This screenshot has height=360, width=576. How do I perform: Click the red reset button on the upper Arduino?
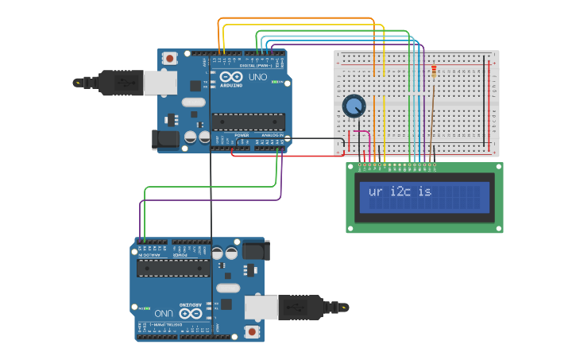click(169, 59)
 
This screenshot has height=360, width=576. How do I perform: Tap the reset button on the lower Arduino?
click(253, 331)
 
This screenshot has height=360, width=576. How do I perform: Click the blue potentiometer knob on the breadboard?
click(354, 106)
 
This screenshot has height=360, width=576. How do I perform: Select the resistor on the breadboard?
click(433, 72)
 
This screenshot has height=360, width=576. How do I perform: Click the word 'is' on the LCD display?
click(425, 192)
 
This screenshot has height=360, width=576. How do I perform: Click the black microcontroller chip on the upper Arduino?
click(247, 121)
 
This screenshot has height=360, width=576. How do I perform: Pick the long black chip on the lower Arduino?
click(173, 268)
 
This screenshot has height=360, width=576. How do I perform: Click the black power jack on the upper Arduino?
click(166, 139)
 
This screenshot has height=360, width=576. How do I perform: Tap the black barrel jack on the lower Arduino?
click(256, 250)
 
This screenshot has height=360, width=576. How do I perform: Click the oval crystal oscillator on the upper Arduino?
click(193, 102)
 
